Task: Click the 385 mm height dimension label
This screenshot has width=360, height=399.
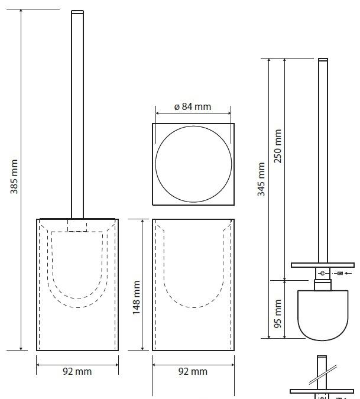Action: click(14, 177)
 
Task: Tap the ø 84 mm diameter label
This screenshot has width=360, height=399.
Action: click(193, 106)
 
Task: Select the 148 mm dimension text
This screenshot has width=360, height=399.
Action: click(137, 297)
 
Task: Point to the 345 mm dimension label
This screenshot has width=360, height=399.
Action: click(261, 179)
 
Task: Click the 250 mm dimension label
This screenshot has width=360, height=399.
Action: click(278, 146)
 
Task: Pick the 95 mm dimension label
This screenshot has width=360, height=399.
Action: click(278, 313)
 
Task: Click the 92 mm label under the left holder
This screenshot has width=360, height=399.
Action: click(77, 372)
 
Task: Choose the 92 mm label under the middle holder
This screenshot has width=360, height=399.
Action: click(193, 372)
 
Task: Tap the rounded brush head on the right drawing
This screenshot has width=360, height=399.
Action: click(323, 316)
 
